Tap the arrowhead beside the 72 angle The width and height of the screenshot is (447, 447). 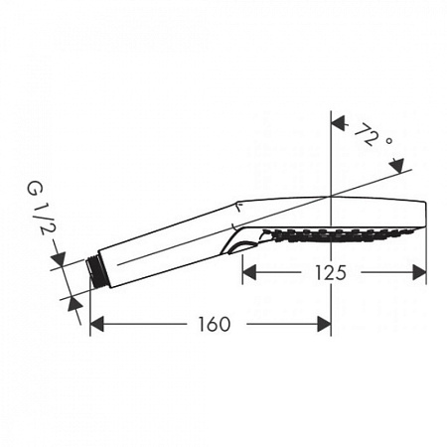[338, 124]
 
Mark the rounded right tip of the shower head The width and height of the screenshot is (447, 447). [423, 217]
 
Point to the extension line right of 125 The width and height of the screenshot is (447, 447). [427, 253]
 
